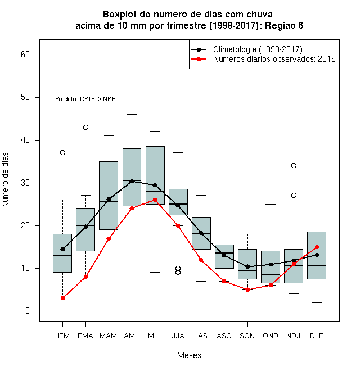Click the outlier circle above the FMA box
click(85, 127)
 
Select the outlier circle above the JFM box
click(62, 152)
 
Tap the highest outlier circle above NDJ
click(294, 165)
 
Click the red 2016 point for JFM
click(62, 298)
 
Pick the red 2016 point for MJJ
click(155, 200)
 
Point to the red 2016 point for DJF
click(317, 247)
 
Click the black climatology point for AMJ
click(132, 181)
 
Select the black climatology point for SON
click(247, 266)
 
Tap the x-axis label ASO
click(224, 336)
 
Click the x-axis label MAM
click(109, 336)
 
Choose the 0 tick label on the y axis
click(28, 311)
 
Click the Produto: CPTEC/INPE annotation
click(85, 99)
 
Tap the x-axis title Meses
click(189, 355)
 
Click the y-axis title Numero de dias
click(5, 180)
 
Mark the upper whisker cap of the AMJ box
click(132, 114)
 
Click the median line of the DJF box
click(317, 266)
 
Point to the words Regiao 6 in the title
click(284, 25)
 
